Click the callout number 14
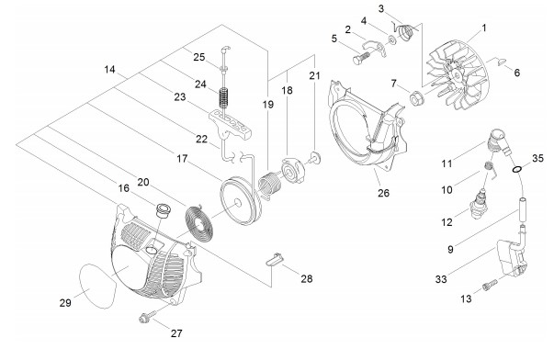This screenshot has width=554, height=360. [110, 70]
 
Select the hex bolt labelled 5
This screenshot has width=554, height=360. [361, 58]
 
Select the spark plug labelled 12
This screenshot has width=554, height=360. [480, 204]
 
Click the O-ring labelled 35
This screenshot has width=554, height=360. [517, 170]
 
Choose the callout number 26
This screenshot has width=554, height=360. [383, 193]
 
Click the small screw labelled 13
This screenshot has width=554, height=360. [490, 285]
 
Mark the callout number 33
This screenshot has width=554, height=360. [441, 279]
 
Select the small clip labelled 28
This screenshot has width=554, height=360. [275, 259]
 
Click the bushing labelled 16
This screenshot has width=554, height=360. [164, 210]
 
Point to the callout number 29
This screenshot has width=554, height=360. [65, 303]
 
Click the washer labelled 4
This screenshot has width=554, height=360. [392, 40]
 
